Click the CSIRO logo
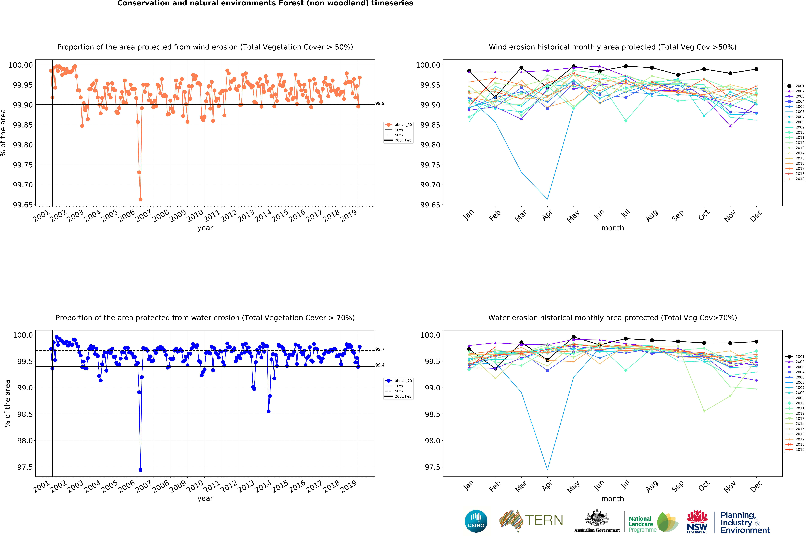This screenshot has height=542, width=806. (476, 521)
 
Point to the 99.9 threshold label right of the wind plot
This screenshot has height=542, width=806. (380, 103)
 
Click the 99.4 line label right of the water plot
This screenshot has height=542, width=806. (380, 365)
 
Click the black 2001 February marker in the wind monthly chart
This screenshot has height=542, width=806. (495, 98)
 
